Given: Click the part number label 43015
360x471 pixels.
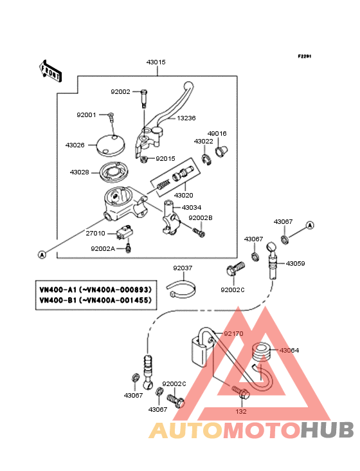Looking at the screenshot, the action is [x=156, y=62].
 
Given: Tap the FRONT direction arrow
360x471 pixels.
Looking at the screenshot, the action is [x=50, y=71].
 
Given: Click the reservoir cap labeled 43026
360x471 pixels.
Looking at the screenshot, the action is [x=111, y=145].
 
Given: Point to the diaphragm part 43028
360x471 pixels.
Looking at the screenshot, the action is [x=114, y=172].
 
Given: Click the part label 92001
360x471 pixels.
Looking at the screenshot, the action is [x=86, y=115].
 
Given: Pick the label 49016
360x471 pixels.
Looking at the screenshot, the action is [x=217, y=133].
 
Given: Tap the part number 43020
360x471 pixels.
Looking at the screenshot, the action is [x=184, y=195].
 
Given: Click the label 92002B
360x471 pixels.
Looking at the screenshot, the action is [x=201, y=217].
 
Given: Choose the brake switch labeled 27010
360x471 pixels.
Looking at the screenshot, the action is [x=125, y=232].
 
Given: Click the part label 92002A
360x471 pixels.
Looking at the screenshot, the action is [x=103, y=249].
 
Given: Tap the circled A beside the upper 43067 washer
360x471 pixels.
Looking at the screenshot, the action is [x=310, y=225].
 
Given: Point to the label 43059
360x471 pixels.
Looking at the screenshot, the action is [x=295, y=263].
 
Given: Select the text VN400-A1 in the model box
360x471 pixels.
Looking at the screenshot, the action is [x=58, y=290].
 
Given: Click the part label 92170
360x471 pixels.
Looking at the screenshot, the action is [x=233, y=334].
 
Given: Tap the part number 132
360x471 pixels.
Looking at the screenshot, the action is [x=241, y=412].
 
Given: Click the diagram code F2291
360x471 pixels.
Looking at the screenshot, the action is [x=305, y=56].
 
